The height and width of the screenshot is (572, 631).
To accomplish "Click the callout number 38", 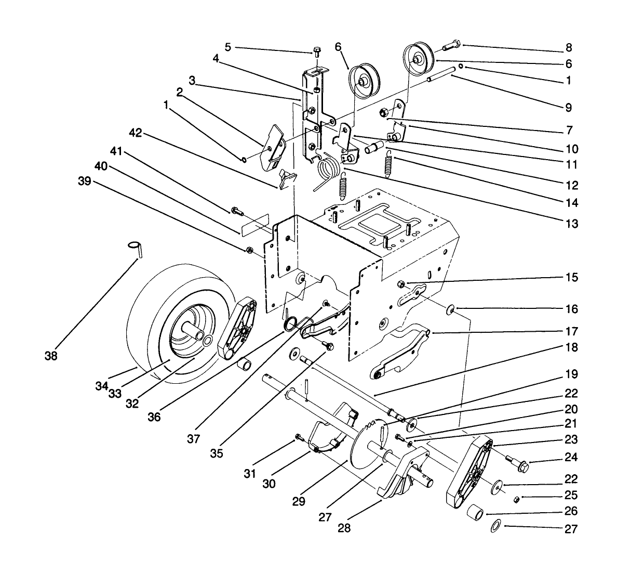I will click(51, 357).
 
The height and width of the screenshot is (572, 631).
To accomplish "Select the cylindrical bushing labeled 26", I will click(476, 512).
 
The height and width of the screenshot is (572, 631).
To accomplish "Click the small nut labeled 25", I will click(517, 499).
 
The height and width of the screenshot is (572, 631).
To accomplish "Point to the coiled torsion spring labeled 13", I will click(328, 168).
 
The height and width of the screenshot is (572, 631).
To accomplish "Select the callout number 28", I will click(344, 528).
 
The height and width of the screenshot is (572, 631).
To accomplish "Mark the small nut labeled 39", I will click(249, 250).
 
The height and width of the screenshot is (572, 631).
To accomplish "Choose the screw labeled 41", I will click(236, 211).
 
